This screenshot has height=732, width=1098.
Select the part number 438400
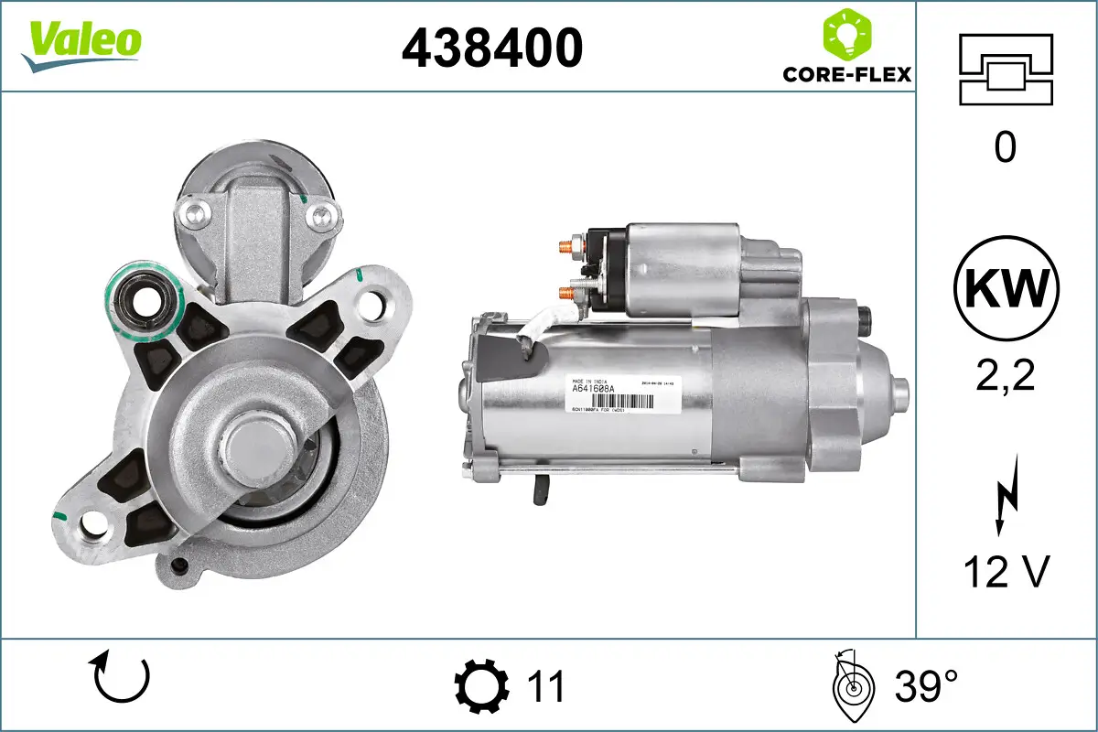tap(492, 47)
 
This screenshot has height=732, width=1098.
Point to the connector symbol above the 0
tap(1006, 69)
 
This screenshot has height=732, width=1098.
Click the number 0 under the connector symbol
tap(1005, 146)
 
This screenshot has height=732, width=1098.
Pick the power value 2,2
tap(1005, 375)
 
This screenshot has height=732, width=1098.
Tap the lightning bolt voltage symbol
tap(1005, 500)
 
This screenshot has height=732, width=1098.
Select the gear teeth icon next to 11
tap(481, 686)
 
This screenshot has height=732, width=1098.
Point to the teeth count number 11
tap(546, 686)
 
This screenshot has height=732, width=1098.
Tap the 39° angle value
tap(926, 686)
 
